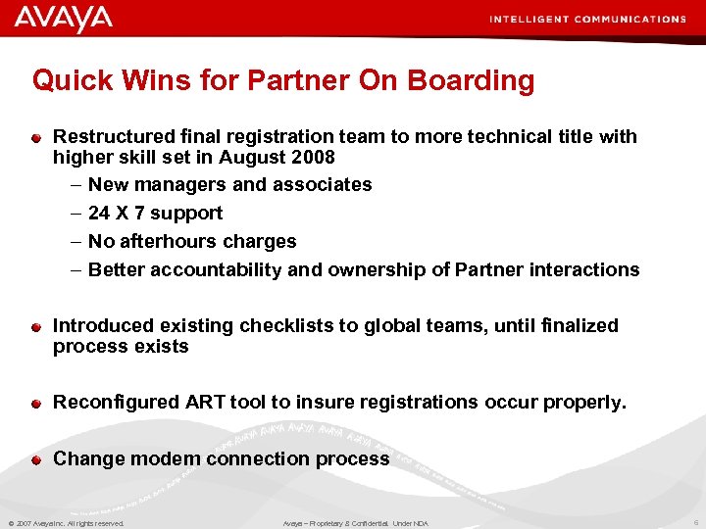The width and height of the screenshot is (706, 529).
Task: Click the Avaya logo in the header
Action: [x=63, y=19]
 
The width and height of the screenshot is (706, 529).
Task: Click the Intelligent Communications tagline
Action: [x=587, y=19]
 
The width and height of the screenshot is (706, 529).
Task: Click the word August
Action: [x=253, y=157]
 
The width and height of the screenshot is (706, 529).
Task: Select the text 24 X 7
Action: [x=119, y=213]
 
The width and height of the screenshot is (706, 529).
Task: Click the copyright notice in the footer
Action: [x=66, y=523]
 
